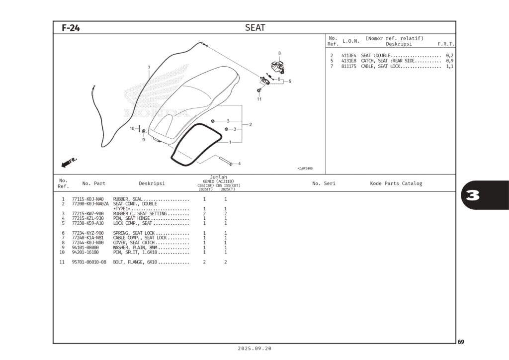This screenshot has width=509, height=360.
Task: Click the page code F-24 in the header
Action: point(71,28)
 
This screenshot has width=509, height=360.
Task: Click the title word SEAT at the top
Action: point(255,28)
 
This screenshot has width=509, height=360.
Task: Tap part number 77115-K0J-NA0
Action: point(88,199)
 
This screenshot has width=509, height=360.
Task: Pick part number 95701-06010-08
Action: point(89,262)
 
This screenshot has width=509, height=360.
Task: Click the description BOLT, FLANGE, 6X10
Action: point(135,262)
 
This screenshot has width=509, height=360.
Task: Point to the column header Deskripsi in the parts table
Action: point(152,183)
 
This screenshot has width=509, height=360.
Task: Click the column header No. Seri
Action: point(324,183)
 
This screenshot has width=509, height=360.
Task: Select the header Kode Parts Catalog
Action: point(396,183)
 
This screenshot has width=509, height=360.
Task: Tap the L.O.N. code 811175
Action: point(348,66)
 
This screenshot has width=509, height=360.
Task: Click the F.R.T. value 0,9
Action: point(449,61)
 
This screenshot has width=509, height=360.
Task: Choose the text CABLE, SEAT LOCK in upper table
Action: point(381,66)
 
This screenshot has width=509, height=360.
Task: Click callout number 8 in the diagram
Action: point(279,53)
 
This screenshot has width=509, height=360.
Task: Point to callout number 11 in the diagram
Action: point(259,99)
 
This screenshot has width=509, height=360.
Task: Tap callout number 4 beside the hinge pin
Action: point(239,164)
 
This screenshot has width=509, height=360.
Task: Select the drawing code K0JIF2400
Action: point(305,169)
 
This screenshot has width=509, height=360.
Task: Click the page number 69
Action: point(461,342)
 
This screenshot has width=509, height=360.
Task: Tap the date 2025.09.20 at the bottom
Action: point(254,349)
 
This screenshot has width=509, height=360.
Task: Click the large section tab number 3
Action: point(473,195)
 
